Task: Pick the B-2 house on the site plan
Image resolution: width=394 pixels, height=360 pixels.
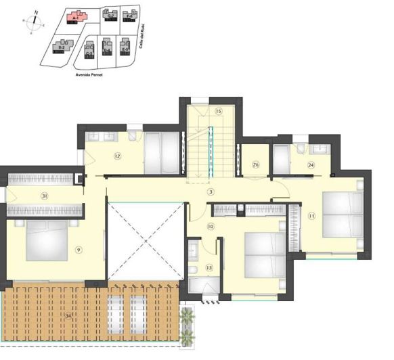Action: [62, 47]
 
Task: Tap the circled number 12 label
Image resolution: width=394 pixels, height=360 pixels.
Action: [117, 156]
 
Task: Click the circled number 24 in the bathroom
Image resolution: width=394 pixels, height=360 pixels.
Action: [311, 164]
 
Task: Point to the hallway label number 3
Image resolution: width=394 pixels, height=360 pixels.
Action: [211, 192]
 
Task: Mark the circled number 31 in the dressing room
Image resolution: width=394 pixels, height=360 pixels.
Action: [45, 196]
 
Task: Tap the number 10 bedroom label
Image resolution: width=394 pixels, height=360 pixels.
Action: [211, 226]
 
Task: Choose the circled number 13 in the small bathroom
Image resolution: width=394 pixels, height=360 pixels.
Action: [209, 268]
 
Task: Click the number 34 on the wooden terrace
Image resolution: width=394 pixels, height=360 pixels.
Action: [68, 315]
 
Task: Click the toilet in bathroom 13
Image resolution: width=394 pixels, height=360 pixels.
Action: [194, 271]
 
